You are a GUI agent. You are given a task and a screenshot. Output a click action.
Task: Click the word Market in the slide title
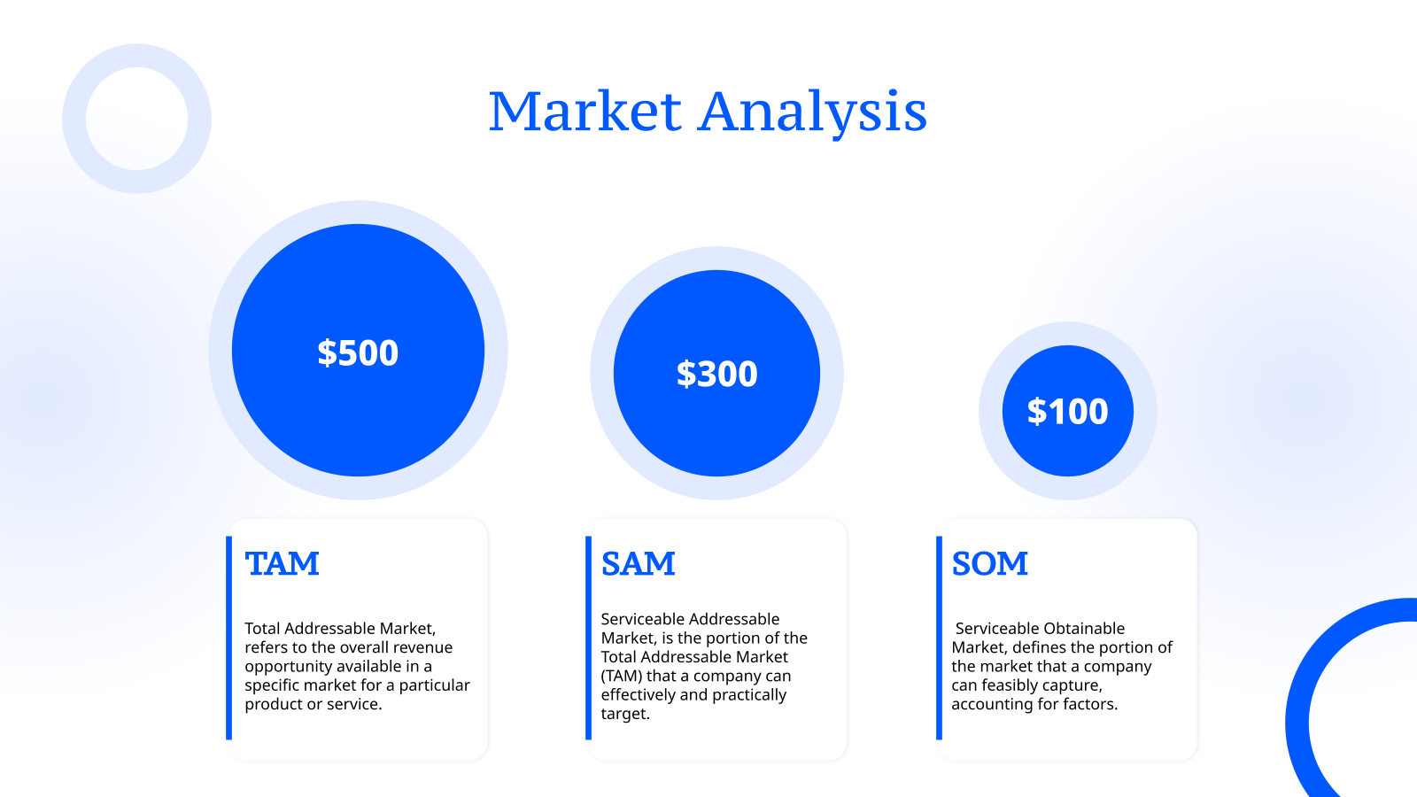click(x=585, y=112)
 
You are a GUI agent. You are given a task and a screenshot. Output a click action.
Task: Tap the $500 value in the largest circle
click(x=358, y=352)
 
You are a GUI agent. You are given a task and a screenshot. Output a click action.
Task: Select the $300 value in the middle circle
click(x=716, y=374)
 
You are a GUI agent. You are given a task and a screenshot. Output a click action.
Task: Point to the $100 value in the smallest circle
click(x=1067, y=412)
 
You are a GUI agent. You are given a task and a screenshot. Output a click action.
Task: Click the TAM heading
click(x=282, y=564)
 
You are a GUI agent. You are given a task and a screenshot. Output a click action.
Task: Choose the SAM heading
click(x=638, y=564)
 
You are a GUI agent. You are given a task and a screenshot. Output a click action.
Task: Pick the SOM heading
click(x=989, y=564)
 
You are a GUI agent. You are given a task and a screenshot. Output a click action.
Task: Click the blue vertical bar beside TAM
click(x=228, y=638)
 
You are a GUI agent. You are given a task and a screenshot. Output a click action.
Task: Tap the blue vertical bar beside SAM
click(x=588, y=638)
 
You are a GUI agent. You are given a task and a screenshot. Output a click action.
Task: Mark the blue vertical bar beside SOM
click(x=939, y=638)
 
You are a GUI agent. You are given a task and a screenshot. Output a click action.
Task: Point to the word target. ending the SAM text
click(x=625, y=715)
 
